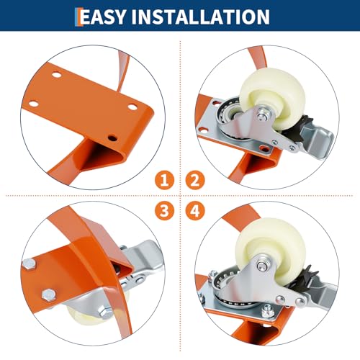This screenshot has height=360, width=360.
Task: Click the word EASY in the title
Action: [103, 17]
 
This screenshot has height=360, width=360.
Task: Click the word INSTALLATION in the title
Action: [201, 17]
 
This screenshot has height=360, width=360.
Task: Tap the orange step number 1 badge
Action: [164, 180]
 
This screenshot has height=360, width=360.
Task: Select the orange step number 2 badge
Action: [195, 180]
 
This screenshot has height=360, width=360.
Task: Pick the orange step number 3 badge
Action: [164, 211]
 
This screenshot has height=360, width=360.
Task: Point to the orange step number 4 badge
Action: [195, 211]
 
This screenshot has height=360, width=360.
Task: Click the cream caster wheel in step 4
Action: [271, 250]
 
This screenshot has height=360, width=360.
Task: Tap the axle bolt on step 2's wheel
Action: [262, 116]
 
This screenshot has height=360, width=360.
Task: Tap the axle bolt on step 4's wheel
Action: [261, 266]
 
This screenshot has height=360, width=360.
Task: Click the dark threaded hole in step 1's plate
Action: [112, 138]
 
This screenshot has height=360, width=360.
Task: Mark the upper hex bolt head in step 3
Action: [30, 264]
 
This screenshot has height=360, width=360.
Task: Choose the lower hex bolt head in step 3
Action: [49, 295]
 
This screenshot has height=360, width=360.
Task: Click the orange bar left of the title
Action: [77, 17]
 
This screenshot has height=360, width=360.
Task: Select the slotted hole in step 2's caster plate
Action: [265, 148]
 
